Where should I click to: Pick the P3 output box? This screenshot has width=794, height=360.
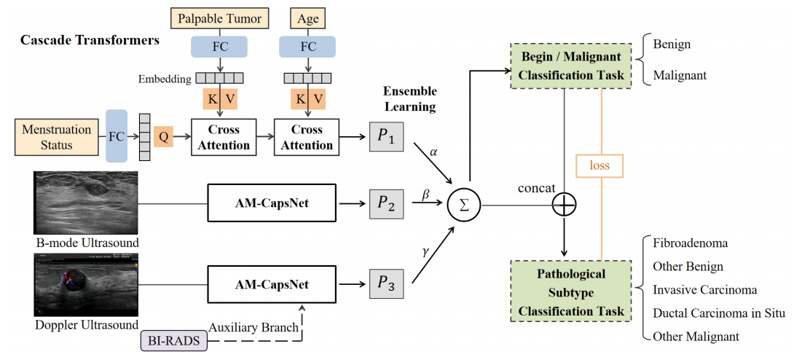(x=386, y=284)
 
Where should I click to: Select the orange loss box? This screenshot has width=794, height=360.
(x=600, y=165)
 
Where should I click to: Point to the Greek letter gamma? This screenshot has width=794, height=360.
(x=425, y=251)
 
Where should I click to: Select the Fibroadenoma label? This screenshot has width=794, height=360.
(x=691, y=243)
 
